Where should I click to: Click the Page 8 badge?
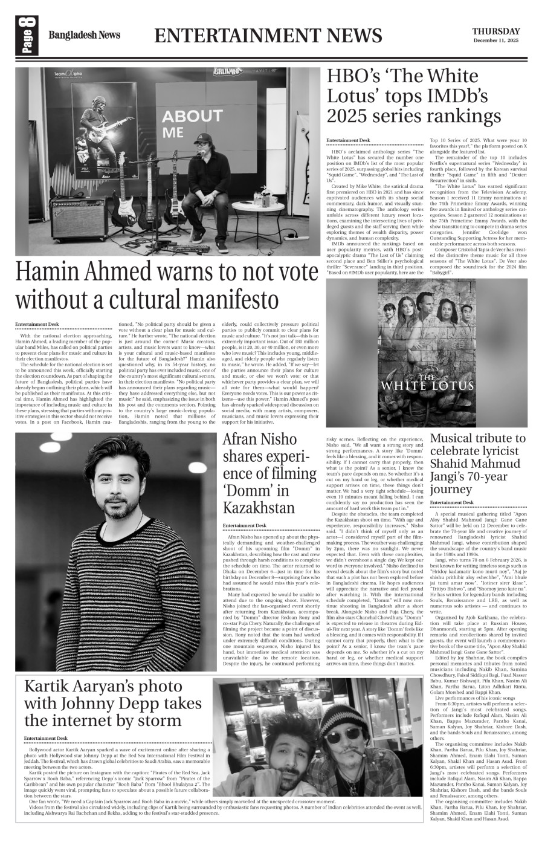(28, 36)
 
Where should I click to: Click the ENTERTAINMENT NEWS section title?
(268, 36)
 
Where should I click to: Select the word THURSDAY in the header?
(495, 31)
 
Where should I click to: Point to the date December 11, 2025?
(496, 41)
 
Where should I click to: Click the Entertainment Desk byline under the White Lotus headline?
(347, 140)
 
